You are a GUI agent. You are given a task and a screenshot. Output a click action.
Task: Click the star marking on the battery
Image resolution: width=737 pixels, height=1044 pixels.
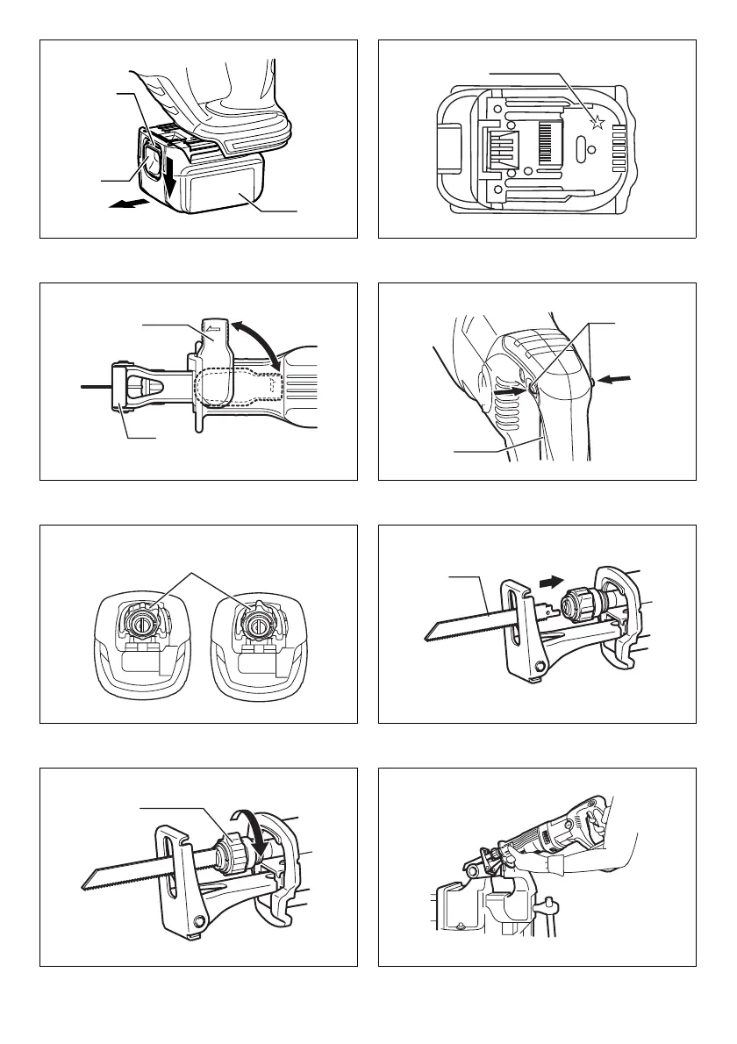[x=597, y=122]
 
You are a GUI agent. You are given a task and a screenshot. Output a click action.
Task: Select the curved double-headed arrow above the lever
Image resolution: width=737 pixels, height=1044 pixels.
[x=261, y=343]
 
